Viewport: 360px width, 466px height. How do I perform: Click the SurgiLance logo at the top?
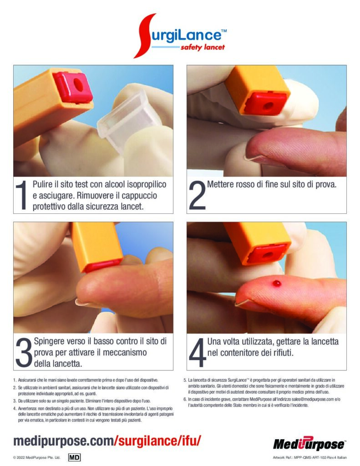[x=180, y=35]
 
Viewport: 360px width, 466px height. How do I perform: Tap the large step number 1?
[x=21, y=195]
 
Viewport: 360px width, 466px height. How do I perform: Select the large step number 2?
[x=197, y=195]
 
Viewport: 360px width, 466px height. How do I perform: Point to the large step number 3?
[x=24, y=352]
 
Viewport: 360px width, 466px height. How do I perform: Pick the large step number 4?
[x=198, y=352]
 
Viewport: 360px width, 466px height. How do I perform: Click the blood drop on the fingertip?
[x=277, y=283]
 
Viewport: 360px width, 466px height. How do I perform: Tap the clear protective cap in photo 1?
[x=129, y=122]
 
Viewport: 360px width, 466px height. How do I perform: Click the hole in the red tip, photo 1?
[x=78, y=85]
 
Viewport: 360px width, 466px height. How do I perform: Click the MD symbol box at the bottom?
[x=74, y=457]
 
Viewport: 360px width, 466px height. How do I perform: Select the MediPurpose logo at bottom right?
[x=309, y=444]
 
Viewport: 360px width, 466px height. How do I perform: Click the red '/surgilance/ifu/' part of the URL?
[x=158, y=441]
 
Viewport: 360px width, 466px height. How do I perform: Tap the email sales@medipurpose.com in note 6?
[x=313, y=400]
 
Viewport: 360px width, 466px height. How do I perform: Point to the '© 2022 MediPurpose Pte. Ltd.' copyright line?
[x=36, y=457]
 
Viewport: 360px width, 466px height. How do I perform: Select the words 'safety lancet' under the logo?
[x=203, y=47]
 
